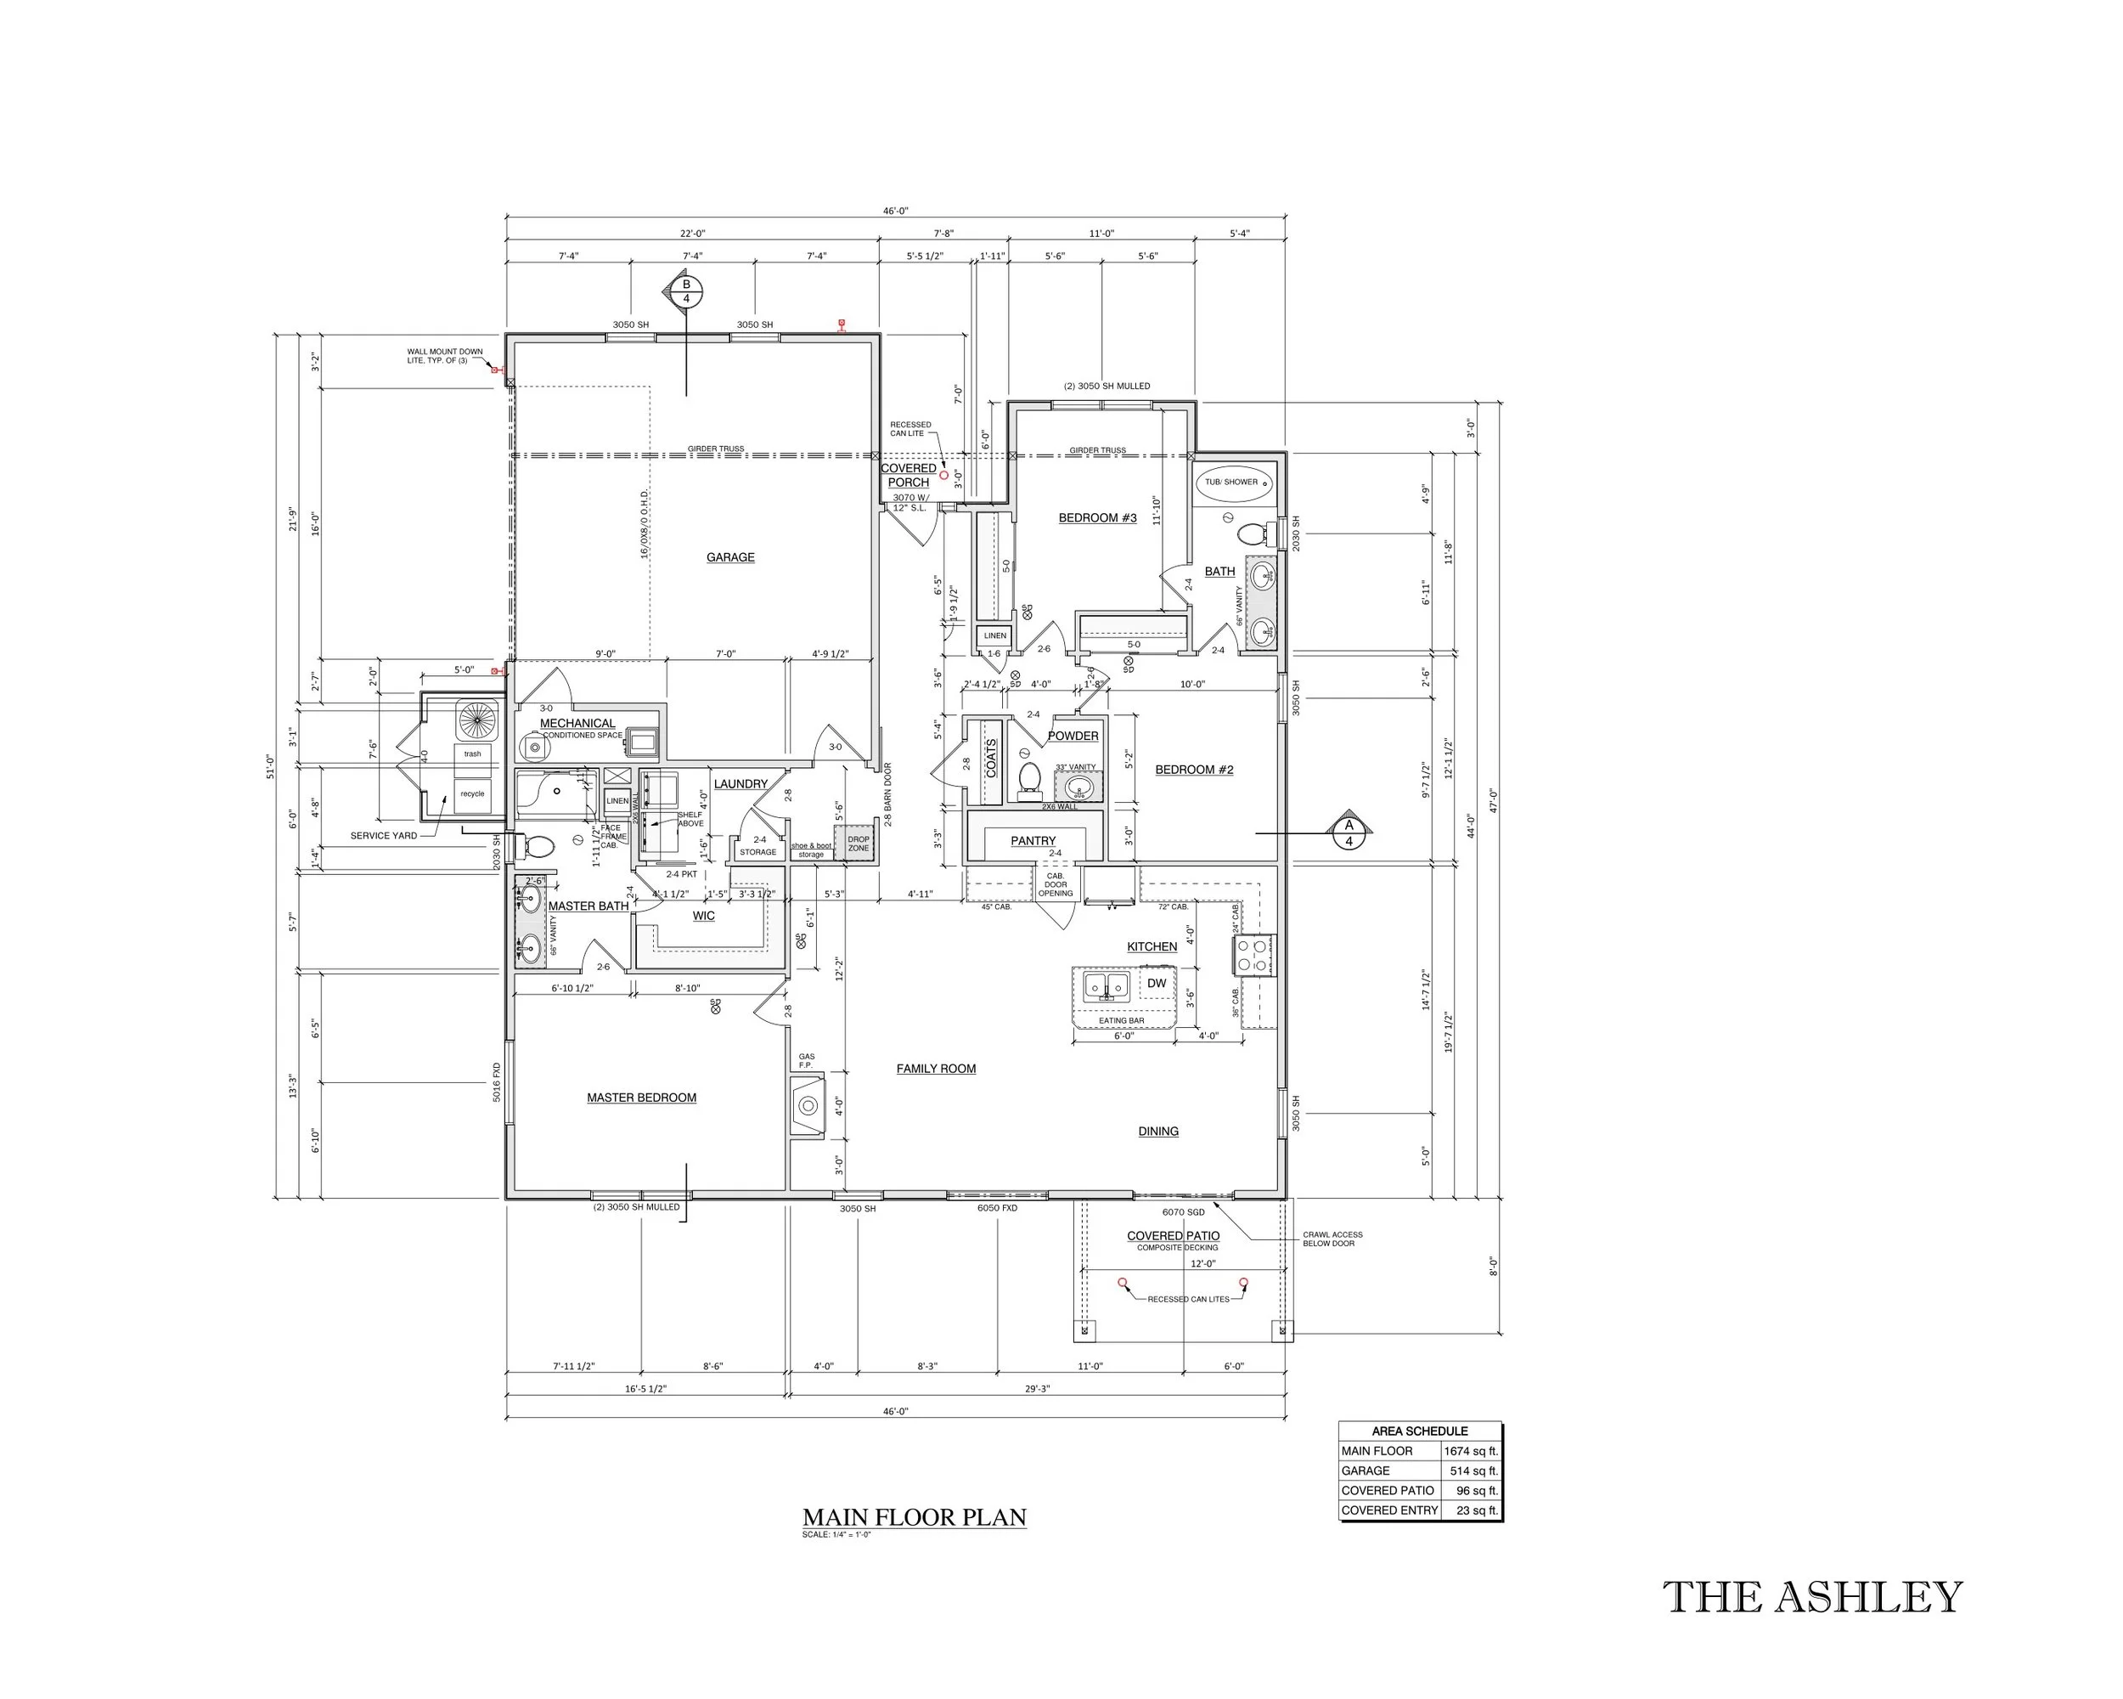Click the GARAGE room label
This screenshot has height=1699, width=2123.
click(729, 557)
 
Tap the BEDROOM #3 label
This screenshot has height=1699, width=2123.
click(1097, 518)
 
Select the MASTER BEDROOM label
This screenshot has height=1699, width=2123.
click(641, 1098)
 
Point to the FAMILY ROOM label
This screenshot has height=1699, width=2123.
click(936, 1069)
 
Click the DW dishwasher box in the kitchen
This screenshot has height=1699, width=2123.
click(1156, 983)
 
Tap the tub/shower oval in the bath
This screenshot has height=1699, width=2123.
click(1232, 483)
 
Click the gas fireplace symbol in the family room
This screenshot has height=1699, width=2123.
click(808, 1106)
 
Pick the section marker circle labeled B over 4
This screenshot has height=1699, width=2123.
click(686, 291)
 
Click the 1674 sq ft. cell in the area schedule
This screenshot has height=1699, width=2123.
click(1470, 1451)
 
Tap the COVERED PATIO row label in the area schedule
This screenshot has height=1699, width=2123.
click(1388, 1490)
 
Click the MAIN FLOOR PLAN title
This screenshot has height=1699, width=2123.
click(914, 1518)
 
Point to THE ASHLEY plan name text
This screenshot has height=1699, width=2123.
click(1812, 1598)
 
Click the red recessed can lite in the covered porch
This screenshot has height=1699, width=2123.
click(943, 475)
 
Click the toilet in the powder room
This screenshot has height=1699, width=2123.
click(1029, 777)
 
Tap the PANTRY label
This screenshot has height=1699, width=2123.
click(1033, 841)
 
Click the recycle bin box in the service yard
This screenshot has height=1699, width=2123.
click(473, 793)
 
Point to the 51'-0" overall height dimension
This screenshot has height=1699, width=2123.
click(270, 766)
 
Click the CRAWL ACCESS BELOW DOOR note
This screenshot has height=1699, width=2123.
click(1332, 1239)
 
